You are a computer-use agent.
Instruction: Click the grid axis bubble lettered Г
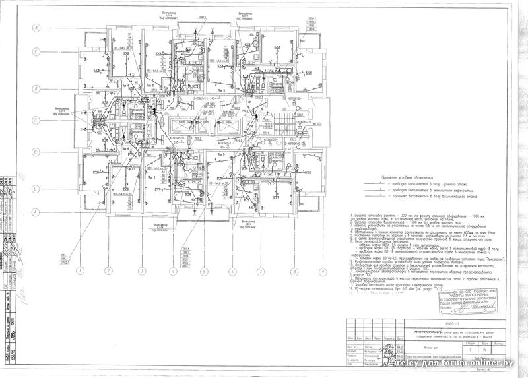[38, 121]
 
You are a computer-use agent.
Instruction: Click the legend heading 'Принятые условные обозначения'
[410, 178]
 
